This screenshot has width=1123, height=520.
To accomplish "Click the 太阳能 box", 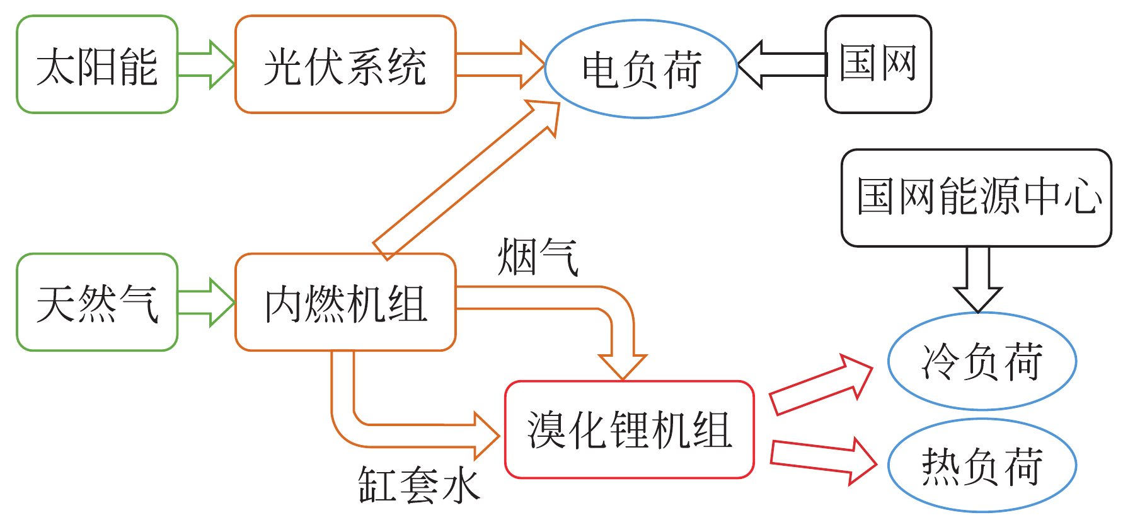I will pyautogui.click(x=97, y=65).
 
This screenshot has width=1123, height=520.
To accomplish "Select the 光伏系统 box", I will pyautogui.click(x=345, y=65).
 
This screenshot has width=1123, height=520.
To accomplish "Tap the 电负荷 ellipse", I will pyautogui.click(x=641, y=69).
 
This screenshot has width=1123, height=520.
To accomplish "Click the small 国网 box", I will pyautogui.click(x=878, y=64).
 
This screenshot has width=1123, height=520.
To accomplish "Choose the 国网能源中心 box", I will pyautogui.click(x=976, y=197).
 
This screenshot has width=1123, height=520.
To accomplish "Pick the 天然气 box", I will pyautogui.click(x=97, y=303).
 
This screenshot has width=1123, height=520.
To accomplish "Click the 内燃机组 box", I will pyautogui.click(x=345, y=303).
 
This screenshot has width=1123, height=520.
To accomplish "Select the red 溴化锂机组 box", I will pyautogui.click(x=629, y=430).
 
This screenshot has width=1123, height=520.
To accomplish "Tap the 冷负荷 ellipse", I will pyautogui.click(x=982, y=361).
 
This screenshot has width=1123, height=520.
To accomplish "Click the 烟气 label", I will pyautogui.click(x=537, y=257).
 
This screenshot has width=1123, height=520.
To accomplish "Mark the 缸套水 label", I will pyautogui.click(x=418, y=485).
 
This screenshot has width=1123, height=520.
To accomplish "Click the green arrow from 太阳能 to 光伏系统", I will pyautogui.click(x=205, y=65).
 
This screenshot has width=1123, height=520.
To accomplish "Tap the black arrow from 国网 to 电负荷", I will pyautogui.click(x=781, y=64).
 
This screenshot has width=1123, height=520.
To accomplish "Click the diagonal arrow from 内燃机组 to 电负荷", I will pyautogui.click(x=466, y=180).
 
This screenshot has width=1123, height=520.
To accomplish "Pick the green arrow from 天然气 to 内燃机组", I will pyautogui.click(x=205, y=303).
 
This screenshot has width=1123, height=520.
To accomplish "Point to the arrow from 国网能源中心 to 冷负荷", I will pyautogui.click(x=978, y=277).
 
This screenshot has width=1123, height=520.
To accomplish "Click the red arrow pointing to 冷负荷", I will pyautogui.click(x=819, y=384).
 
